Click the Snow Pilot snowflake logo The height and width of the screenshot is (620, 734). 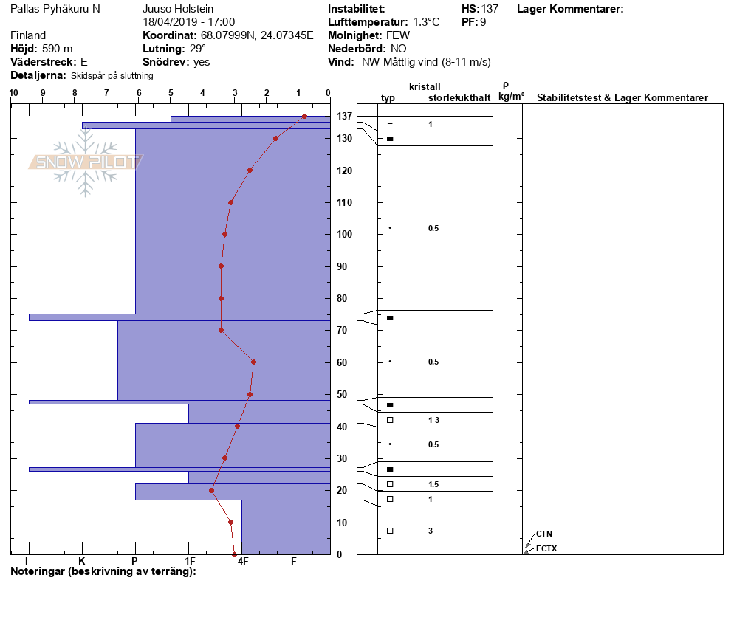tap(86, 162)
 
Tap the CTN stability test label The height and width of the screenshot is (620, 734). tap(544, 534)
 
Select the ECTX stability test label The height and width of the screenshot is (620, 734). tap(546, 548)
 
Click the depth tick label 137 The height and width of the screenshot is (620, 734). tap(344, 116)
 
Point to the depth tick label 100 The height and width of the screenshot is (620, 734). tap(344, 235)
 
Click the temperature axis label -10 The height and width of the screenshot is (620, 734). tap(12, 93)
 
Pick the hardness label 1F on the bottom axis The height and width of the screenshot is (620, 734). tap(190, 561)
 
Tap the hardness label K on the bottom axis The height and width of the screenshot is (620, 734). tap(82, 561)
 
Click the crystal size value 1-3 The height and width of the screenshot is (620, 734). tap(433, 420)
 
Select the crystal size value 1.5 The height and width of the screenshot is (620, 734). tap(433, 484)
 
